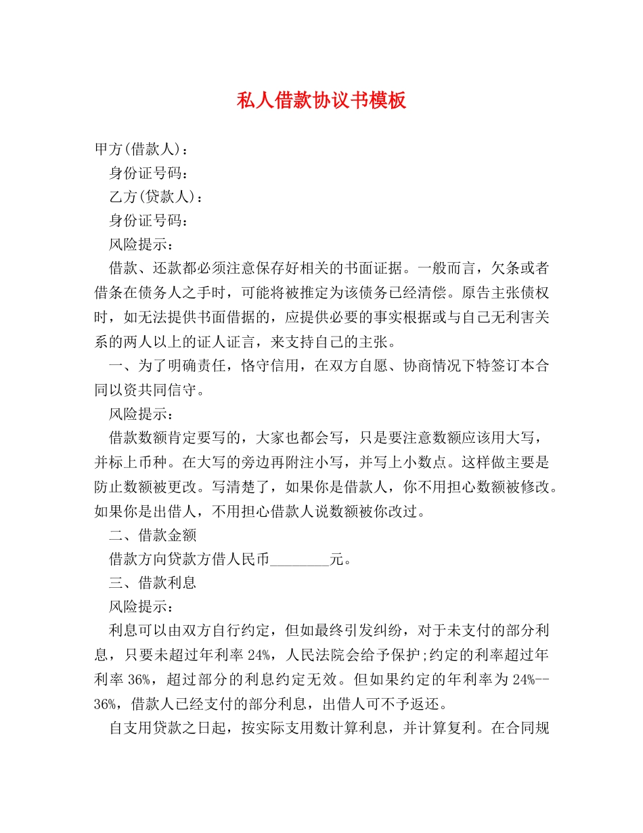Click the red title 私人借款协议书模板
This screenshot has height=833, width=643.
click(321, 101)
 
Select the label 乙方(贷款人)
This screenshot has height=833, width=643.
click(155, 196)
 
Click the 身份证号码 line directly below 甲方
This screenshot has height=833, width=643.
click(148, 173)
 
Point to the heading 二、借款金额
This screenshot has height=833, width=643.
click(152, 536)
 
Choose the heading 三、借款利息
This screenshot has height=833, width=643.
click(152, 583)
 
